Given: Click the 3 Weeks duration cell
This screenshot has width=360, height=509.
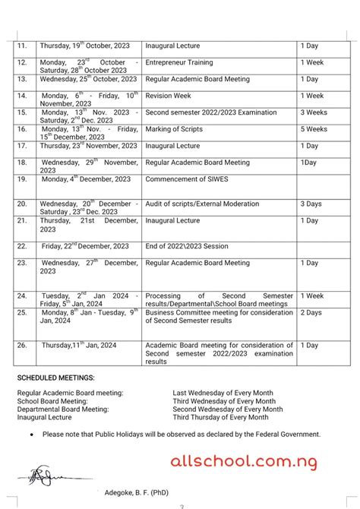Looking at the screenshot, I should pyautogui.click(x=313, y=112).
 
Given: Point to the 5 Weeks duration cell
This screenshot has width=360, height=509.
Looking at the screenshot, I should pyautogui.click(x=313, y=129).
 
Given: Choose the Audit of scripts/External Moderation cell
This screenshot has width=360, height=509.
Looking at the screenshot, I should pyautogui.click(x=201, y=204).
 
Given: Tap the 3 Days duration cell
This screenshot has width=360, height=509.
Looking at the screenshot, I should pyautogui.click(x=311, y=204).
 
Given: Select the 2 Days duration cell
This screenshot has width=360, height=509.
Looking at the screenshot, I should pyautogui.click(x=311, y=312).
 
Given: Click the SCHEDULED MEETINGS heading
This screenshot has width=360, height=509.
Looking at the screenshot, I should pyautogui.click(x=55, y=378).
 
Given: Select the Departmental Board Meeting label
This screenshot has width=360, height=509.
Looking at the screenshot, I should pyautogui.click(x=63, y=409).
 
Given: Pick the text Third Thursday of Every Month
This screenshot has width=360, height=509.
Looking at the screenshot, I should pyautogui.click(x=220, y=418).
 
